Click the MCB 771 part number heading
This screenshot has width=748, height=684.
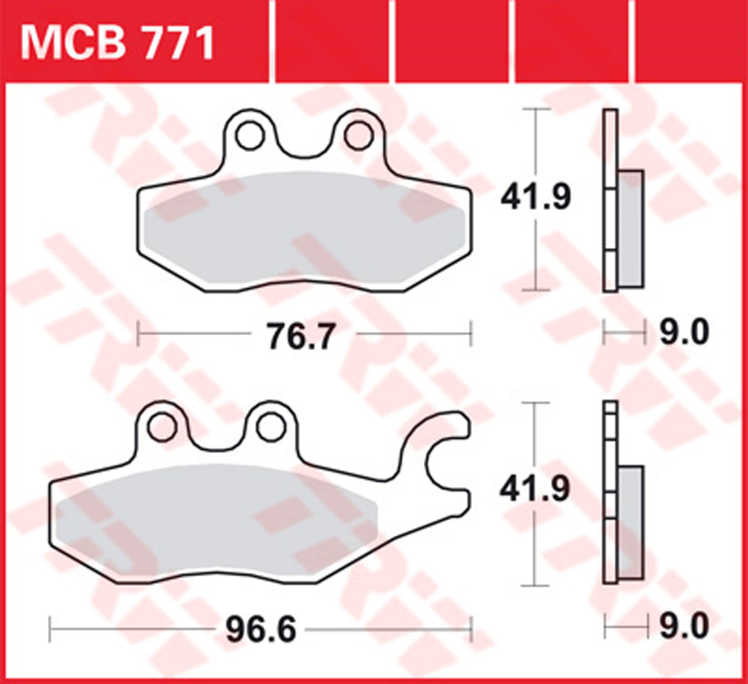118,43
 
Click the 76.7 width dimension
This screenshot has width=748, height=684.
300,337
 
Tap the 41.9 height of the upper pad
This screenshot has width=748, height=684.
536,197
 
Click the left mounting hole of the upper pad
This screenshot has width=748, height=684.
250,135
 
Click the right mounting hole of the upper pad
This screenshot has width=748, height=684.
359,135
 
